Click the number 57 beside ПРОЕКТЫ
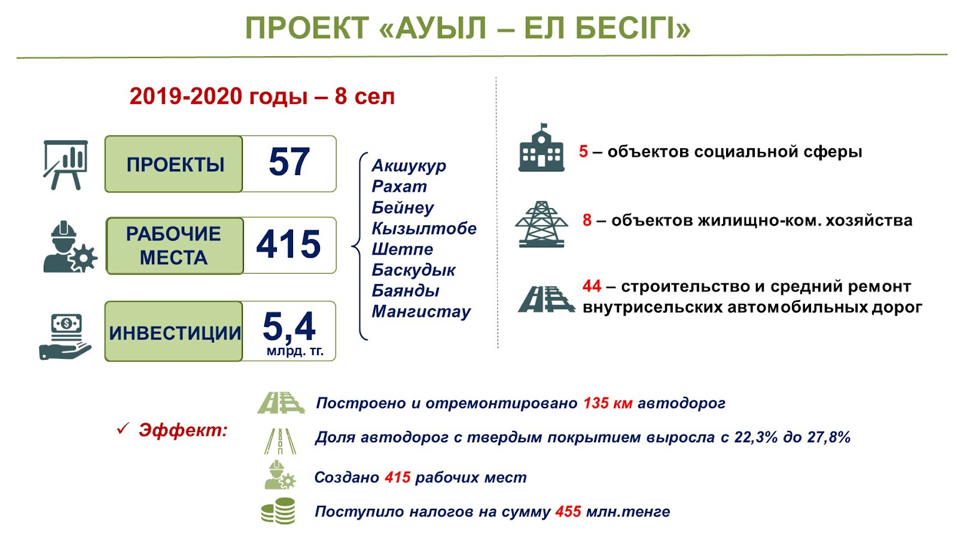point(289,161)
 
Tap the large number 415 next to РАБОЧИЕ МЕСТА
point(288,244)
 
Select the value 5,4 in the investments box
point(289,326)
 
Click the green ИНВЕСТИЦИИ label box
point(174,331)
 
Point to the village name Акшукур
point(409,166)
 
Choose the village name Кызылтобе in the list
point(424,228)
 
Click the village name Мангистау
point(421,311)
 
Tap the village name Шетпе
point(403,249)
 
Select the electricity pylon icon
point(541,224)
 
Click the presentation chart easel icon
point(65,165)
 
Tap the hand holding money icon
point(65,337)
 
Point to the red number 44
point(592,286)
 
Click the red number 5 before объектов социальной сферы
point(583,152)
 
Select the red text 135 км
point(608,403)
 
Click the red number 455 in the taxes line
point(568,512)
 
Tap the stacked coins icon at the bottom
point(278,511)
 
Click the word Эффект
point(183,430)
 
